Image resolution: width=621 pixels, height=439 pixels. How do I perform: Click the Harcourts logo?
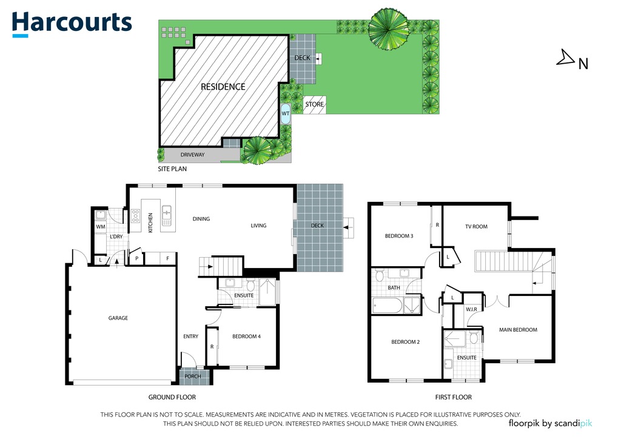(x=72, y=24)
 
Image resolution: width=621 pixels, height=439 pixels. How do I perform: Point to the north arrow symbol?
(x=566, y=58)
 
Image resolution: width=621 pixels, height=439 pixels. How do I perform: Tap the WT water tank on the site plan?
(x=285, y=113)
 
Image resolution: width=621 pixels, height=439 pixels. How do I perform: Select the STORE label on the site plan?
(x=315, y=104)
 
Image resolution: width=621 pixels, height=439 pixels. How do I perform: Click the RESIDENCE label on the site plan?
(x=223, y=87)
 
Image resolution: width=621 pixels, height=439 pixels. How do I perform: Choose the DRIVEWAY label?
(x=192, y=155)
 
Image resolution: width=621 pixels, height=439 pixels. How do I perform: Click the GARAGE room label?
(x=118, y=318)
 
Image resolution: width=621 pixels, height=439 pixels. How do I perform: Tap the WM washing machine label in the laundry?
(x=101, y=227)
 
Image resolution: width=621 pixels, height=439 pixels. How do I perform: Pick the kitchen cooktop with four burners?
(x=135, y=216)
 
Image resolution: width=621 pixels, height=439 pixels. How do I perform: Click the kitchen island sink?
(x=166, y=216)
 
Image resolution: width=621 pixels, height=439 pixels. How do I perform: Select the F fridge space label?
(x=167, y=258)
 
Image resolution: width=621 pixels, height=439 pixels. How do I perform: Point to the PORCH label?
(x=192, y=377)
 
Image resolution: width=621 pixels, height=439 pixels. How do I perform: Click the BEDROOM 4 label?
(x=246, y=337)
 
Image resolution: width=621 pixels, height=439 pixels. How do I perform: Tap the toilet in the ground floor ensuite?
(x=250, y=285)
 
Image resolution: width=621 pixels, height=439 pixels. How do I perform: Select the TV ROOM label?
(x=476, y=227)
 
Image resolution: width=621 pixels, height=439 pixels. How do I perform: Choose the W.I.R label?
(x=471, y=309)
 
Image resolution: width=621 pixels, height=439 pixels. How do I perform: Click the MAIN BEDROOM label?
(x=518, y=330)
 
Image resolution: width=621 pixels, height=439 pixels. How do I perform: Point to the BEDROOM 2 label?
(x=405, y=342)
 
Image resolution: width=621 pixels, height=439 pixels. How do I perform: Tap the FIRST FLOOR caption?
(x=454, y=397)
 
